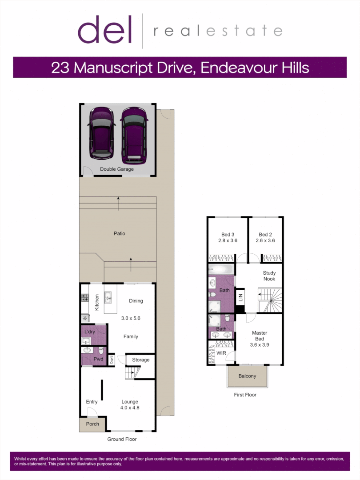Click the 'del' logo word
(105, 30)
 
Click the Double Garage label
(117, 169)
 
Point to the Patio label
(119, 233)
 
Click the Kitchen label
(97, 302)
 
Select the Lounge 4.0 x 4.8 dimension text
(130, 408)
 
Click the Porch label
(92, 424)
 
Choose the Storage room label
(140, 360)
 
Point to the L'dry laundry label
(90, 332)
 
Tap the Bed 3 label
(228, 235)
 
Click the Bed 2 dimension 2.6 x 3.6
(265, 240)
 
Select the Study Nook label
(269, 276)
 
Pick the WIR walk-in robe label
(221, 353)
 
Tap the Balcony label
(248, 376)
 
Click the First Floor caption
(245, 395)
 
